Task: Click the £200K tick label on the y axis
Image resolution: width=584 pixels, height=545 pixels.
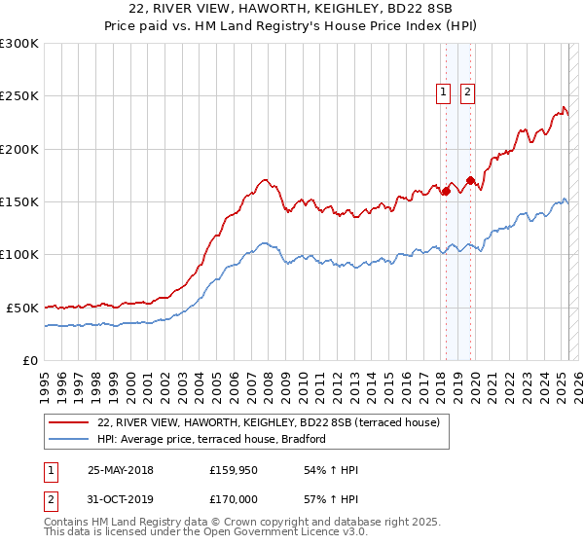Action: (19, 149)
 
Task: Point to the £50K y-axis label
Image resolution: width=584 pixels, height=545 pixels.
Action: (22, 308)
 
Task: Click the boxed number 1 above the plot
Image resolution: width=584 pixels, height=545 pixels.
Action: (443, 92)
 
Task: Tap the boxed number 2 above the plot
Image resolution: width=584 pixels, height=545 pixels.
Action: (467, 92)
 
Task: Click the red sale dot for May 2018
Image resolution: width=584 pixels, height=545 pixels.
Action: (446, 191)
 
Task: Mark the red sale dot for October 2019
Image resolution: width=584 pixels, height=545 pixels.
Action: (470, 180)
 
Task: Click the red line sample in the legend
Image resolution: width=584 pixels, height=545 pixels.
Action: (69, 422)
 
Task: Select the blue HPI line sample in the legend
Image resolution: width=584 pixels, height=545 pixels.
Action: (69, 439)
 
